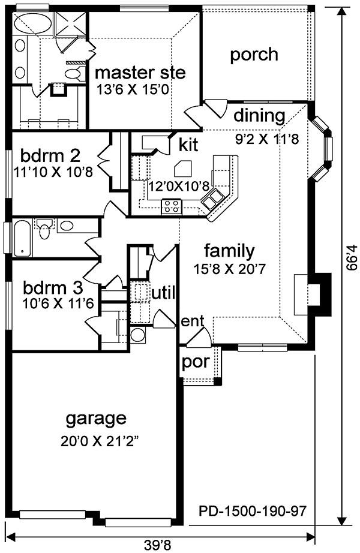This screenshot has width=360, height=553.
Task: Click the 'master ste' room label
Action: pyautogui.click(x=140, y=73)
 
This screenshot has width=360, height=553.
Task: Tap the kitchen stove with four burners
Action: pyautogui.click(x=172, y=207)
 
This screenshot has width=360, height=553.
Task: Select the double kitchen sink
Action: pyautogui.click(x=212, y=199)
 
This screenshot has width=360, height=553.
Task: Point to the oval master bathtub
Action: pyautogui.click(x=33, y=23)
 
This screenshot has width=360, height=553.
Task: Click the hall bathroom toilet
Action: pyautogui.click(x=44, y=229)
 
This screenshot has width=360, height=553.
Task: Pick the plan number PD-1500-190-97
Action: pyautogui.click(x=253, y=510)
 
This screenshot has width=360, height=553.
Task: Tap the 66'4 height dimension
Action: pyautogui.click(x=350, y=258)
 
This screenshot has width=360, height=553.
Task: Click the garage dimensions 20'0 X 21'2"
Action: pyautogui.click(x=98, y=441)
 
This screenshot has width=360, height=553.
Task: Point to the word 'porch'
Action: pyautogui.click(x=254, y=55)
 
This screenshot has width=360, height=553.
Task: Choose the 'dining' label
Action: pyautogui.click(x=259, y=116)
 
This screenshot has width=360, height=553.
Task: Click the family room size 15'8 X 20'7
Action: pyautogui.click(x=229, y=269)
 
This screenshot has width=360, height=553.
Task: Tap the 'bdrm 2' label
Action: pyautogui.click(x=50, y=155)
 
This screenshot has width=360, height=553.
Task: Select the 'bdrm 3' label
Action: pyautogui.click(x=53, y=288)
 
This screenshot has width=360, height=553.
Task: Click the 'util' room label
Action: pyautogui.click(x=163, y=293)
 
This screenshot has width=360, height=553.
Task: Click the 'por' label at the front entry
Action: pyautogui.click(x=196, y=362)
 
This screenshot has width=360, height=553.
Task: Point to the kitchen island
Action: pyautogui.click(x=184, y=169)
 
